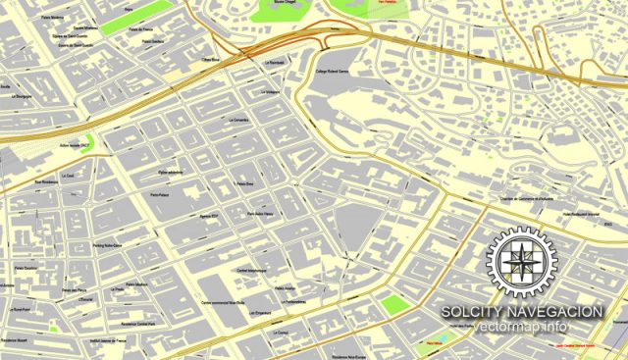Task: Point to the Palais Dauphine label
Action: click(x=26, y=267)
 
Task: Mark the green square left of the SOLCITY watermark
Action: click(x=393, y=304)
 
